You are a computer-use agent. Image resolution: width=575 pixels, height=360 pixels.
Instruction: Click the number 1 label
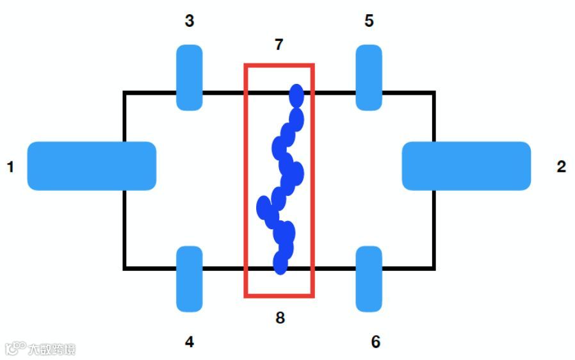click(10, 167)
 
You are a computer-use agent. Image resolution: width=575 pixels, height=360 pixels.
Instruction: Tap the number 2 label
click(562, 167)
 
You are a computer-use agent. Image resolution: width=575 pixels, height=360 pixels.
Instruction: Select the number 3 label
click(190, 21)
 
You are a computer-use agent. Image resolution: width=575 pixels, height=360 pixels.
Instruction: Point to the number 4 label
click(190, 342)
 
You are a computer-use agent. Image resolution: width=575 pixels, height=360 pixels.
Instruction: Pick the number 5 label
click(369, 21)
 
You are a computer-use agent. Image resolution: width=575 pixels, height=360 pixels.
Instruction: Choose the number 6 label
click(376, 342)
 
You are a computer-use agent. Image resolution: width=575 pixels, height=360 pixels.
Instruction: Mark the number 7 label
click(279, 45)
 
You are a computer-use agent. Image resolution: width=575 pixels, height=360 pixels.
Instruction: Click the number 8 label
click(280, 317)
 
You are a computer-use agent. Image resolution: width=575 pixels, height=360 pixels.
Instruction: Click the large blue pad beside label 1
click(92, 166)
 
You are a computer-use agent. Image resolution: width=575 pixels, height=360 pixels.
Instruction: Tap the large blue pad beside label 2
click(466, 166)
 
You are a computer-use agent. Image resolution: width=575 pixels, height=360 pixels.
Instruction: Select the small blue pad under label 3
click(190, 77)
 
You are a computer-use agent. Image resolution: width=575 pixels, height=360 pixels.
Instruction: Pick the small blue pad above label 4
click(190, 279)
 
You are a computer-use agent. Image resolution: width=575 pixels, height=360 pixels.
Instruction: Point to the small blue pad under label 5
click(369, 77)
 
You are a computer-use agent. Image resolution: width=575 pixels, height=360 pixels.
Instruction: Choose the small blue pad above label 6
click(369, 279)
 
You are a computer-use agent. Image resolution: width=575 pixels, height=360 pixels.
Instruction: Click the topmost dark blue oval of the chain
click(296, 95)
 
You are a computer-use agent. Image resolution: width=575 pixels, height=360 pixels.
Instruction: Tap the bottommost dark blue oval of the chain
click(280, 263)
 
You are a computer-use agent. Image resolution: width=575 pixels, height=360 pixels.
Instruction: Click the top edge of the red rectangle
click(279, 65)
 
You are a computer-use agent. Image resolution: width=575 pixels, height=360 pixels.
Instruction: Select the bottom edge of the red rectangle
click(279, 296)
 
